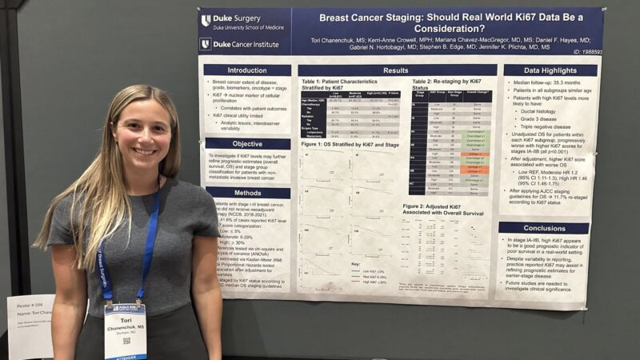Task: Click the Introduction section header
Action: [246, 70]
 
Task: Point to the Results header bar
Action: [395, 70]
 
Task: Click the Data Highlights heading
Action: [550, 70]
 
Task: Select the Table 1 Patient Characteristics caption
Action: [350, 84]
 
